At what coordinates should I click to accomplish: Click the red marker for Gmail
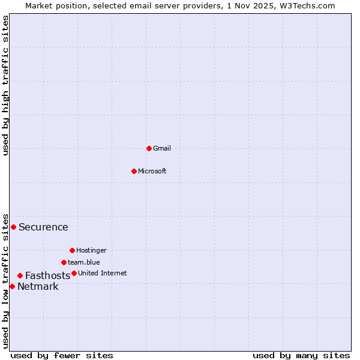pyautogui.click(x=149, y=148)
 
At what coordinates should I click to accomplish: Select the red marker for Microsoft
pyautogui.click(x=134, y=171)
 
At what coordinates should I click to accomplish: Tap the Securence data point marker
pyautogui.click(x=13, y=227)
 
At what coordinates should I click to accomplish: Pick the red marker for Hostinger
pyautogui.click(x=72, y=250)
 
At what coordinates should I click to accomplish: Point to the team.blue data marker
pyautogui.click(x=64, y=262)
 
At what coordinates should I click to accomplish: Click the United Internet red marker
pyautogui.click(x=74, y=273)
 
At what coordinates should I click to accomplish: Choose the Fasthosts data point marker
pyautogui.click(x=20, y=275)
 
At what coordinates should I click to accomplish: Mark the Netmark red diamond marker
pyautogui.click(x=12, y=286)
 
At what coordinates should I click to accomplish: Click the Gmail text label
pyautogui.click(x=162, y=148)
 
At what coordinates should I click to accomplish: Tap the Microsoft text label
pyautogui.click(x=152, y=171)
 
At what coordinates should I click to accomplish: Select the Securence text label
pyautogui.click(x=43, y=227)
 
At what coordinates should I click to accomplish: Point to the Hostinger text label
pyautogui.click(x=91, y=250)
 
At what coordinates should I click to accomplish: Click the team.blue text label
pyautogui.click(x=83, y=262)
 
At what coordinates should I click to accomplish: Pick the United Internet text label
pyautogui.click(x=102, y=273)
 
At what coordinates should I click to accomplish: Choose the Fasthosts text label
pyautogui.click(x=47, y=276)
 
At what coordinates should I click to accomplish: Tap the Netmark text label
pyautogui.click(x=38, y=287)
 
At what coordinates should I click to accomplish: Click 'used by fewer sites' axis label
pyautogui.click(x=62, y=355)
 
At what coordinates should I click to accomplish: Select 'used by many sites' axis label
pyautogui.click(x=301, y=355)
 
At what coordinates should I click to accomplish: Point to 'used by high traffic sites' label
pyautogui.click(x=6, y=85)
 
